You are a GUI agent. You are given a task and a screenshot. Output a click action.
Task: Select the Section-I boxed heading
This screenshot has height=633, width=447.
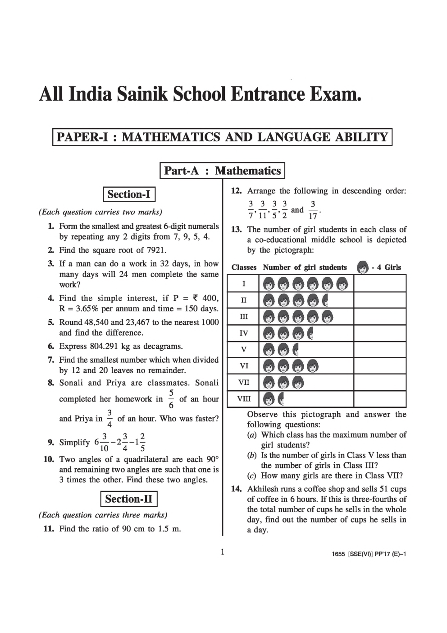click(x=129, y=194)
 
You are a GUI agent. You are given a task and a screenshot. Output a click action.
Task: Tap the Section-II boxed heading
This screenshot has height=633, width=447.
click(x=129, y=499)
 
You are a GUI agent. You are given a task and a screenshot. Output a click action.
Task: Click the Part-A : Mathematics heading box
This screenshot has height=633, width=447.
click(x=222, y=171)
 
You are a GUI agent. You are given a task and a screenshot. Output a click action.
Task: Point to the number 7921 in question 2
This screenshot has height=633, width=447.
click(x=156, y=250)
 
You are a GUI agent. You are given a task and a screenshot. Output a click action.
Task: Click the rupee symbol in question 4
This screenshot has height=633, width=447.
click(x=195, y=298)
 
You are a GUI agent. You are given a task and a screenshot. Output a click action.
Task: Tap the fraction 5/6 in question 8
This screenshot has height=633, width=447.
click(x=171, y=399)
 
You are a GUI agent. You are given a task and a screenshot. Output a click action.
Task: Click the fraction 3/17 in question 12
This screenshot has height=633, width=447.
click(x=313, y=209)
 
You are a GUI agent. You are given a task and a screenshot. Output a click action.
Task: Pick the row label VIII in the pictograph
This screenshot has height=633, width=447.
click(x=244, y=399)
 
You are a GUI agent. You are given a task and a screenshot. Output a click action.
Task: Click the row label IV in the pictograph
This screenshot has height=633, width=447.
click(x=244, y=333)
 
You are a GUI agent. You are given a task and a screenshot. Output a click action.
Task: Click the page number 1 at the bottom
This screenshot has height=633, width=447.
click(x=222, y=552)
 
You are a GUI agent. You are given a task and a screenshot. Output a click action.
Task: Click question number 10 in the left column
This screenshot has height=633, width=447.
click(x=49, y=459)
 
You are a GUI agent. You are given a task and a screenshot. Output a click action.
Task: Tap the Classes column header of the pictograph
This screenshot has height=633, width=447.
click(x=244, y=268)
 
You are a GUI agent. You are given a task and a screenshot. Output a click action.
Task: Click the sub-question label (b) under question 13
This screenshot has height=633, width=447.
click(x=252, y=455)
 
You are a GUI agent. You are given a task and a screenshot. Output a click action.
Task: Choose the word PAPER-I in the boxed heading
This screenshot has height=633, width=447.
click(x=82, y=137)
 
